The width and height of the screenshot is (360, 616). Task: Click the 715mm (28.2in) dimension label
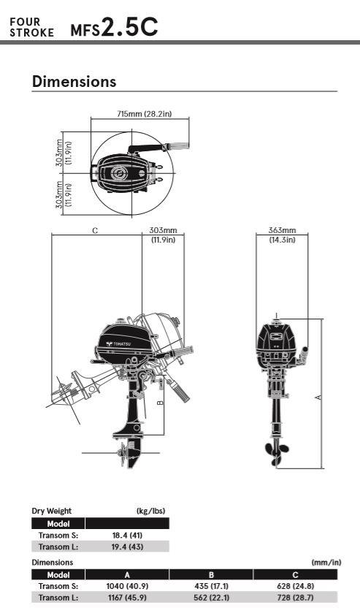click(145, 114)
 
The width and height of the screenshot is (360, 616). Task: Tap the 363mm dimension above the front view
click(282, 231)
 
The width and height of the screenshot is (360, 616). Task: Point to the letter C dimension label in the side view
click(95, 231)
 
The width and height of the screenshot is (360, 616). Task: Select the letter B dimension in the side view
click(160, 403)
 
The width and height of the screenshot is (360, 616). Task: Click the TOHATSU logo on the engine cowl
click(118, 343)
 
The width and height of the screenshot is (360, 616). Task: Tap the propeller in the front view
click(277, 453)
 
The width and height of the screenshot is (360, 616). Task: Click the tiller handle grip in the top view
click(178, 146)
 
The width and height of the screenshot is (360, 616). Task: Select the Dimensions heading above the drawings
click(74, 81)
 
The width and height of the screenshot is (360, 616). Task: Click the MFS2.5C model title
click(114, 28)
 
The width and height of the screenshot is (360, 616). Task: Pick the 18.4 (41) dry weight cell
click(127, 535)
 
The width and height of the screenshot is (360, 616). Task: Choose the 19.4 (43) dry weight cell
click(127, 547)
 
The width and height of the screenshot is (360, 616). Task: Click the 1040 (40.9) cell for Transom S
click(127, 586)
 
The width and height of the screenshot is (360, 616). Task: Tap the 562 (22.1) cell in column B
click(211, 598)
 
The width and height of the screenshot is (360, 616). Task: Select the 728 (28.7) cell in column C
click(295, 598)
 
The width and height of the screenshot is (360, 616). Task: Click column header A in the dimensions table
click(127, 575)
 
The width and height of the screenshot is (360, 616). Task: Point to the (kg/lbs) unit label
click(150, 511)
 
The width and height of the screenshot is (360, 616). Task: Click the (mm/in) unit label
click(326, 563)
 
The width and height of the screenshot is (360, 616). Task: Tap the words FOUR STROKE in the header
click(31, 28)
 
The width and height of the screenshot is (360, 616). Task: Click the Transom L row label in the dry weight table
click(58, 547)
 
